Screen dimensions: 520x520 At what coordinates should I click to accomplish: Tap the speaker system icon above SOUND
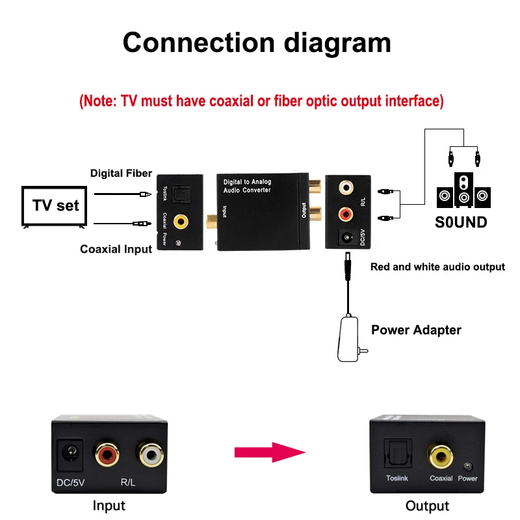tap(463, 190)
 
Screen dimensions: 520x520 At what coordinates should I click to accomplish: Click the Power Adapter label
tap(416, 330)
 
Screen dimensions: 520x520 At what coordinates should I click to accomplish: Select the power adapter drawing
tap(349, 339)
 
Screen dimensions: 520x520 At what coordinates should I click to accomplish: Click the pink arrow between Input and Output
tap(270, 452)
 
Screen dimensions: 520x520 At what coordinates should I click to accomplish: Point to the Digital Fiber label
tap(121, 173)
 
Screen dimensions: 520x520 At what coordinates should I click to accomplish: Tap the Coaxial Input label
tap(116, 249)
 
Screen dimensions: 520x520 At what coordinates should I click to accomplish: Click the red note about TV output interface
tap(261, 101)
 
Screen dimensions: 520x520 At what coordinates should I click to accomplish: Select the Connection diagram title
tap(257, 43)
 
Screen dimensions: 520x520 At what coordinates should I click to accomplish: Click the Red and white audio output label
tap(437, 266)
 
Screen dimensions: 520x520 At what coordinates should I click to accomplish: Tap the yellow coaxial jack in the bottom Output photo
tap(441, 456)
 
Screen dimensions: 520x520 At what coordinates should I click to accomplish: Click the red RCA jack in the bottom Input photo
tap(107, 453)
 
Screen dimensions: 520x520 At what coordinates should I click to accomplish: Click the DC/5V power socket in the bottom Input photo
tap(70, 454)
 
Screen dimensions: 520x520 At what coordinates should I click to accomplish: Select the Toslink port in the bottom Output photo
tap(398, 454)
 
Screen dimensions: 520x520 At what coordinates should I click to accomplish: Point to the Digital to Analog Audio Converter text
tap(247, 186)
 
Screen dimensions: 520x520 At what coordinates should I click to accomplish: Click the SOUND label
tap(461, 222)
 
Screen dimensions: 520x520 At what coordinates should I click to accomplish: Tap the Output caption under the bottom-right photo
tap(427, 506)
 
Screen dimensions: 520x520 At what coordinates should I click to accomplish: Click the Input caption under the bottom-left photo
tap(109, 506)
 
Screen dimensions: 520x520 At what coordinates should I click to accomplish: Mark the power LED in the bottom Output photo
tap(468, 467)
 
